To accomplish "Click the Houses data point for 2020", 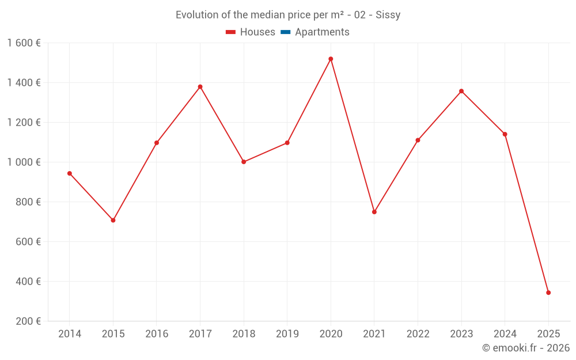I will (x=331, y=59).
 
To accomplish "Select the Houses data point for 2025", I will (x=548, y=293).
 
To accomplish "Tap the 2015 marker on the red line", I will (x=113, y=220).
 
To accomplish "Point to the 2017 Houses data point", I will (x=200, y=87).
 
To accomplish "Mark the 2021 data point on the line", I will (x=374, y=212).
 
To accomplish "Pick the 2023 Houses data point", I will (x=461, y=91).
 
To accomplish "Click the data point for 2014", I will (x=70, y=173).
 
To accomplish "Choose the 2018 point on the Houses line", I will (x=244, y=162).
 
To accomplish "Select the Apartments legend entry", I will (x=322, y=32).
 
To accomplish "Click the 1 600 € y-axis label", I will (x=24, y=43).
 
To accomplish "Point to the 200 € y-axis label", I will (x=27, y=321).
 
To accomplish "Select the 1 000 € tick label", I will (x=24, y=162).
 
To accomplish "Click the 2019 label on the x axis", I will (x=287, y=334).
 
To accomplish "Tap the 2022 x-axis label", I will (x=418, y=334).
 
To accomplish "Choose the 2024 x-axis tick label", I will (x=505, y=334).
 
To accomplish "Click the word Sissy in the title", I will (x=388, y=15).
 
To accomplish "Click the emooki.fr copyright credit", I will (x=526, y=348).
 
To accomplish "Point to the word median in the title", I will (x=265, y=15).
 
